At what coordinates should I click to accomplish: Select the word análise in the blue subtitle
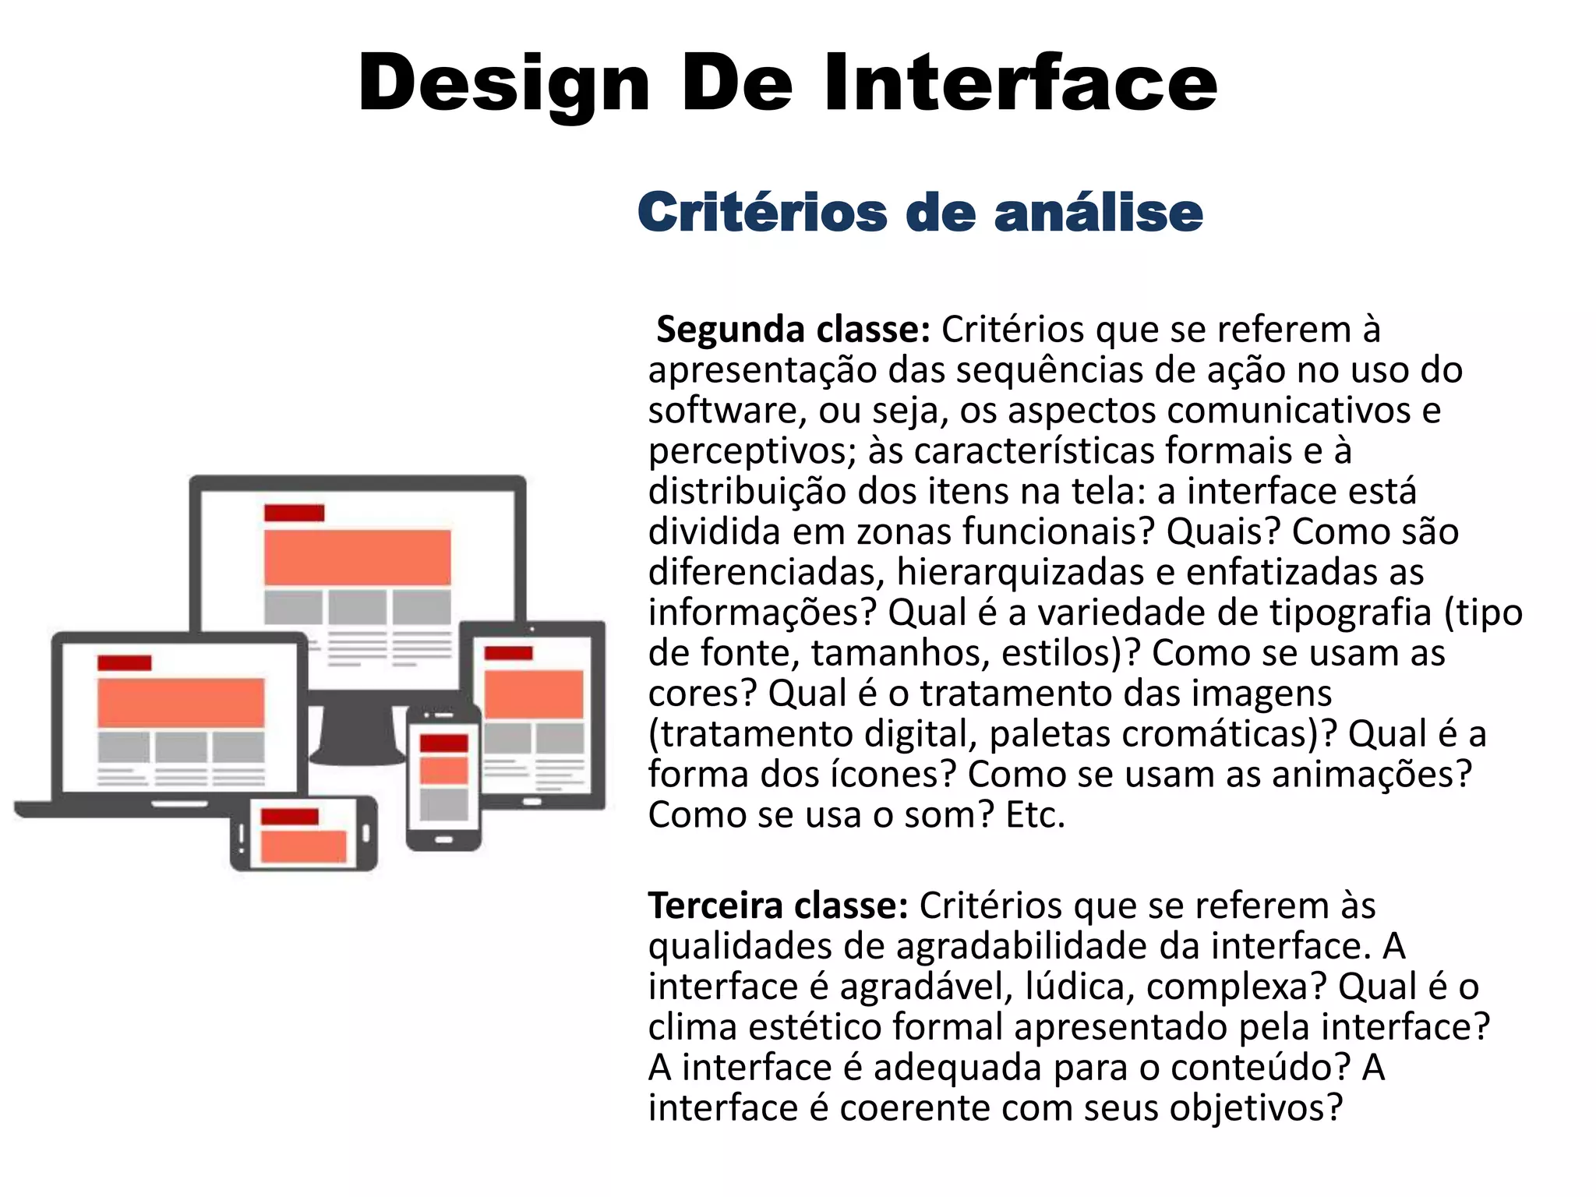tap(1099, 212)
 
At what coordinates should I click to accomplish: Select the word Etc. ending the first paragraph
tap(1035, 815)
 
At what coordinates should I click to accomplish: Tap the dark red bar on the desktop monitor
tap(294, 513)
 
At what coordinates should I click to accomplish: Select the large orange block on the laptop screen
tap(181, 702)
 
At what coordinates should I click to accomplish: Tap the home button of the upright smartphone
tap(443, 840)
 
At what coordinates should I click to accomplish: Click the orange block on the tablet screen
tap(534, 694)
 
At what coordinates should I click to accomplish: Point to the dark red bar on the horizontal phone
tap(289, 817)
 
